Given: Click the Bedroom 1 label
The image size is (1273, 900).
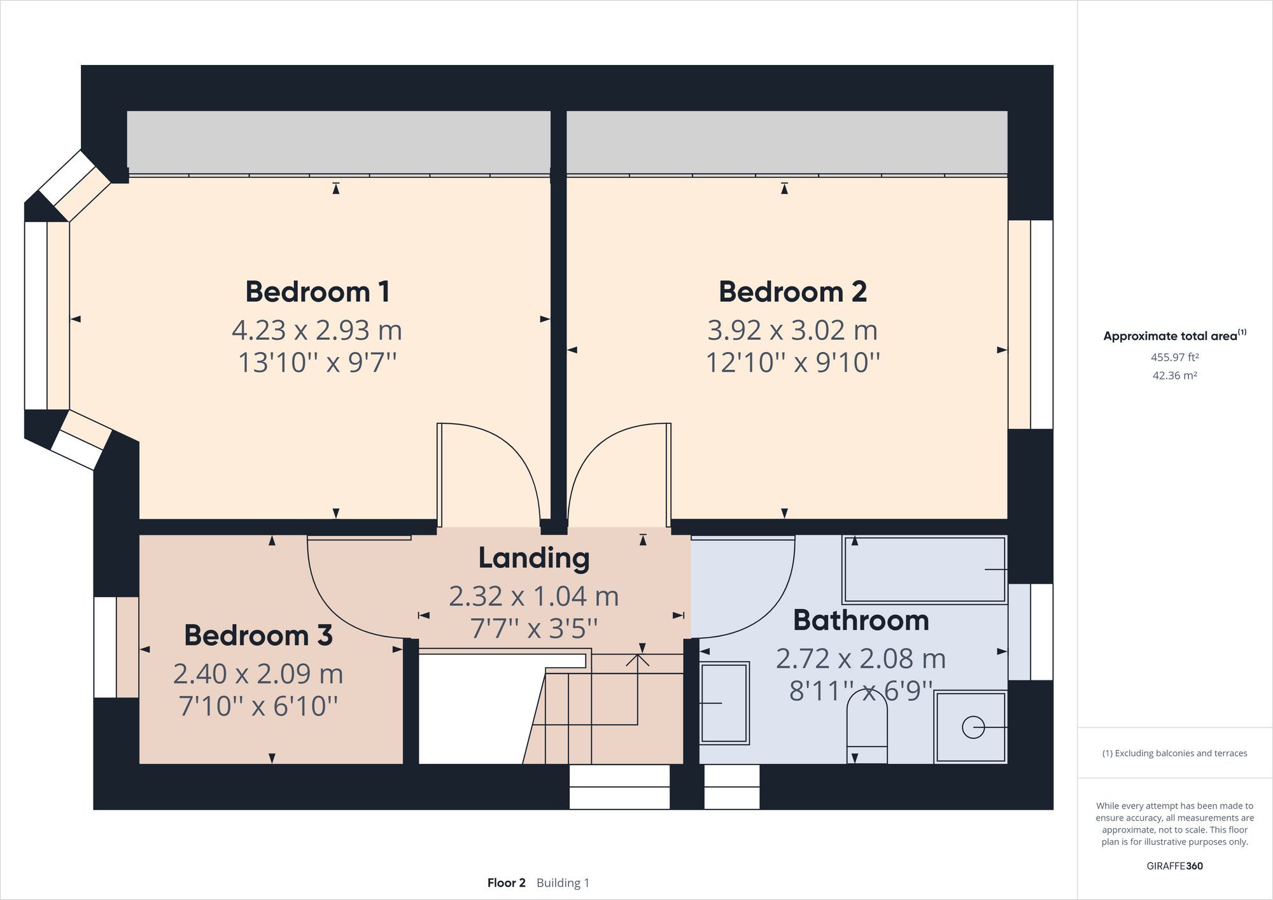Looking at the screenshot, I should click(317, 292).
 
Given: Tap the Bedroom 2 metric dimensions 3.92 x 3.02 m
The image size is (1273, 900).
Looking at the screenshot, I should click(792, 330).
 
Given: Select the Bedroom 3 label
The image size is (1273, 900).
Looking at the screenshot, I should click(258, 635).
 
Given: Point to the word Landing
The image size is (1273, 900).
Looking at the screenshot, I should click(533, 558).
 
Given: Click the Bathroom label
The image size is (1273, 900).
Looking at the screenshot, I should click(861, 621).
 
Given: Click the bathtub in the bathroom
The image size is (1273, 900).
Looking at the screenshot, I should click(924, 570).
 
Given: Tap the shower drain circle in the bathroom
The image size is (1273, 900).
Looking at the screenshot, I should click(973, 727).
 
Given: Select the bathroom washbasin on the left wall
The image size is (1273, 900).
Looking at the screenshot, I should click(724, 703).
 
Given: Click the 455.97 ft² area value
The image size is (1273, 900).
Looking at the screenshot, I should click(1174, 357).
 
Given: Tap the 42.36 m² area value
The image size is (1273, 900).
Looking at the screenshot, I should click(1174, 376).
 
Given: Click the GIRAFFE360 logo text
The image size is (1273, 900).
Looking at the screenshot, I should click(1174, 866).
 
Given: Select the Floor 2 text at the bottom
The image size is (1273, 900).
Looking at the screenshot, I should click(506, 883).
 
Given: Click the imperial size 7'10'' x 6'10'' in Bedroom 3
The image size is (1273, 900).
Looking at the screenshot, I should click(258, 706).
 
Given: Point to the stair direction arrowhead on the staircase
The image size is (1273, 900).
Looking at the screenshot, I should click(637, 660).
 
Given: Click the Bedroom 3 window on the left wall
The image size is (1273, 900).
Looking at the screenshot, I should click(106, 647).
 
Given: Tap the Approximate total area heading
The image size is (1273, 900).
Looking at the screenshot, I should click(1174, 336).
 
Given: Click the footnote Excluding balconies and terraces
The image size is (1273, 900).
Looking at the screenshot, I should click(1174, 753).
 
